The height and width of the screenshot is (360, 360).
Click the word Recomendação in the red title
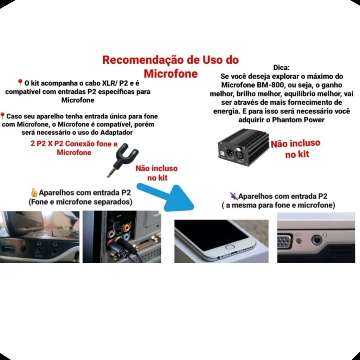pos(143,60)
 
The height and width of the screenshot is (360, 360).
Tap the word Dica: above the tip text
pos(281,67)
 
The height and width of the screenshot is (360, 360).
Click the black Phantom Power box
pos(243,147)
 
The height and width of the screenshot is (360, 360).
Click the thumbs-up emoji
pos(34,193)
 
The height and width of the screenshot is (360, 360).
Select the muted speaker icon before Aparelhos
pos(234,196)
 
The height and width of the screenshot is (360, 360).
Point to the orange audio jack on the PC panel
pos(127,227)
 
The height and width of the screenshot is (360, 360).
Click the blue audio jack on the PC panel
pos(126,237)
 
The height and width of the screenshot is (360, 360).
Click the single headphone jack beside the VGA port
pos(317,240)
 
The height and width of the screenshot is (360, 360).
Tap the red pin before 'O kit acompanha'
pos(20,83)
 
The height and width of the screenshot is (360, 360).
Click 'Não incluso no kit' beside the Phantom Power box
pos(296,149)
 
